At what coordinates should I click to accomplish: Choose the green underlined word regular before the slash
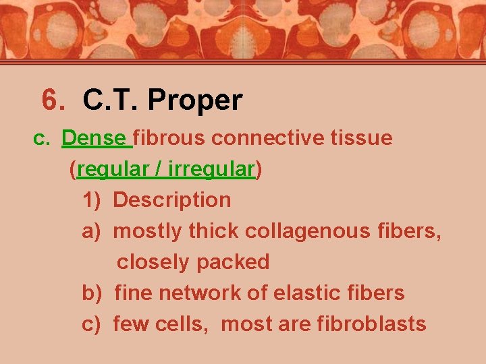(x=113, y=170)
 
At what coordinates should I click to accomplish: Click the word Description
(x=171, y=200)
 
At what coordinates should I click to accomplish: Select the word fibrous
(x=169, y=138)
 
